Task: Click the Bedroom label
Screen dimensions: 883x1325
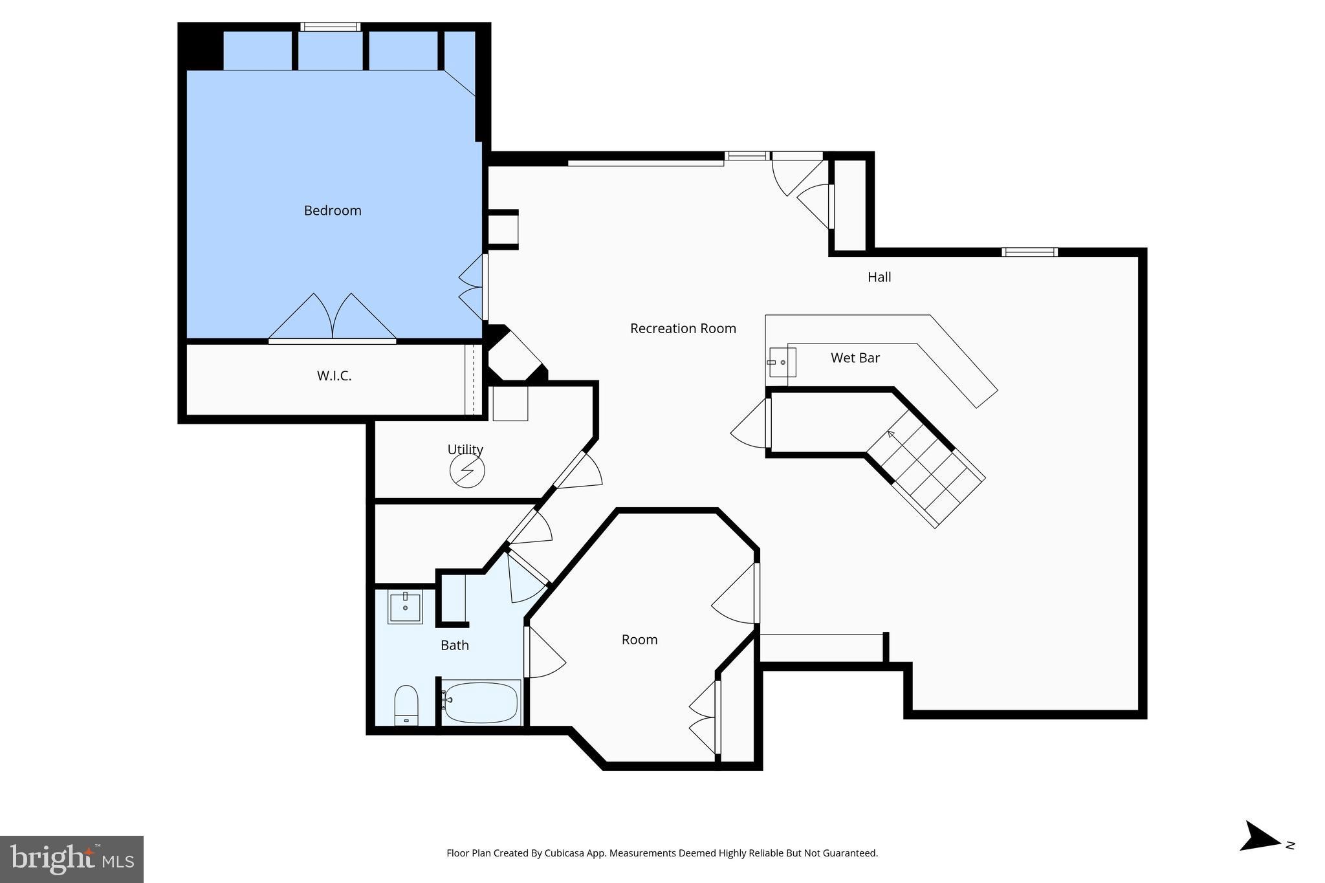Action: (x=333, y=210)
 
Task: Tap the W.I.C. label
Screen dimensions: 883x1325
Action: (x=334, y=376)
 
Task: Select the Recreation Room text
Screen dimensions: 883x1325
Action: (x=683, y=329)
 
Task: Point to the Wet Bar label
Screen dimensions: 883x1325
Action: (x=855, y=358)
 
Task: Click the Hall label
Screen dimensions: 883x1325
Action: (x=879, y=277)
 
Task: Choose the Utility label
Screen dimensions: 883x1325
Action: (x=465, y=449)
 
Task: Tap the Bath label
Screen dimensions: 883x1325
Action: (x=454, y=645)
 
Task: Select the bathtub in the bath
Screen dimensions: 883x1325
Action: (x=481, y=703)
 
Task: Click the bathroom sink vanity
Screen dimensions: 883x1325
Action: (x=405, y=607)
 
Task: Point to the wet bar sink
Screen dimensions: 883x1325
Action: (x=782, y=362)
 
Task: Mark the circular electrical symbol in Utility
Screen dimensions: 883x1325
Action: (x=467, y=470)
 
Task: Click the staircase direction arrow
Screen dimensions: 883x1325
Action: (x=892, y=435)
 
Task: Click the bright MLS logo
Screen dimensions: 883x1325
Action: (x=71, y=859)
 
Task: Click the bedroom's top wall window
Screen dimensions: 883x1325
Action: (x=330, y=27)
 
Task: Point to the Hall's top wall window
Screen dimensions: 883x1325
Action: (x=1029, y=252)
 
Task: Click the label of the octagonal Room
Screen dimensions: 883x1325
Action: (x=639, y=640)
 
